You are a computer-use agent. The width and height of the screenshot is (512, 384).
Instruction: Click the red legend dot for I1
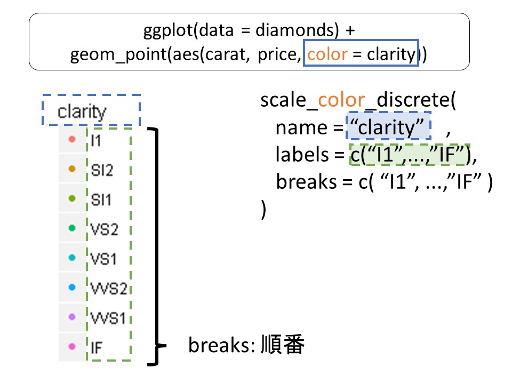71,140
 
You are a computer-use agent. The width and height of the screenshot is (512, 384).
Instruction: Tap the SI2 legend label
102,170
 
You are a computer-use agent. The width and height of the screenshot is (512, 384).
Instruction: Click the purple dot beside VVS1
71,317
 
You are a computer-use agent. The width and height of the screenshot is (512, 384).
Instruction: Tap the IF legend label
98,347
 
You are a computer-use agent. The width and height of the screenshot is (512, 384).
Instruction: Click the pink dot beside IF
71,347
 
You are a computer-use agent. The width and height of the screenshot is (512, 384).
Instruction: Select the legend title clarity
82,112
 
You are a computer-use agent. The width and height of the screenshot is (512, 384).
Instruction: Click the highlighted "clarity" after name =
388,127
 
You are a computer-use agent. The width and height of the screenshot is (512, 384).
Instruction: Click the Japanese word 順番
283,346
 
